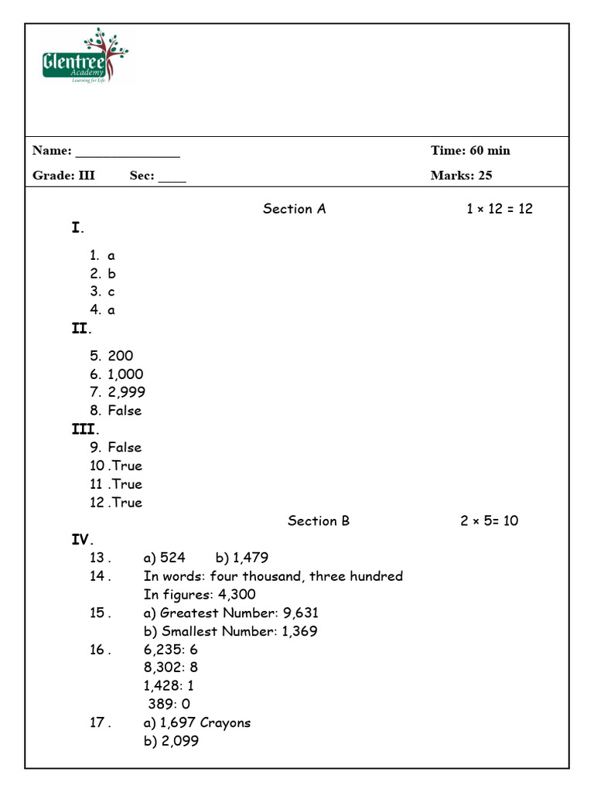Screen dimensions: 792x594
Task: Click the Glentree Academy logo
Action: pos(84,56)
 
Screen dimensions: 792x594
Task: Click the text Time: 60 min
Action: pos(470,150)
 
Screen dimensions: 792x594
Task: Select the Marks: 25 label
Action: pos(461,175)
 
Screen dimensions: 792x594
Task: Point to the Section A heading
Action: pos(294,209)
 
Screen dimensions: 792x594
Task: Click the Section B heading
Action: pos(319,521)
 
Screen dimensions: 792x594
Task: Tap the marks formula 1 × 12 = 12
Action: pos(500,209)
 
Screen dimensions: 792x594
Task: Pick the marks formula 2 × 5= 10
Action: pos(489,521)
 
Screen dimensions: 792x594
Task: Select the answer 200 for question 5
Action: pos(121,356)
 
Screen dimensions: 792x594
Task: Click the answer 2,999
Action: pos(127,392)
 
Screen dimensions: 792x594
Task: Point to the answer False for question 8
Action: pos(125,411)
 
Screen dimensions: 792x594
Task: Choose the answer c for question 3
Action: pos(111,292)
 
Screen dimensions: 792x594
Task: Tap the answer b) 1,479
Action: pos(242,558)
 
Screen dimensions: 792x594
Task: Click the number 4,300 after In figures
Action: pos(237,595)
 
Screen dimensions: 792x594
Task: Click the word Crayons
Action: pos(225,722)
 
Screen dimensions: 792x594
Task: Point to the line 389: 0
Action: pos(169,704)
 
